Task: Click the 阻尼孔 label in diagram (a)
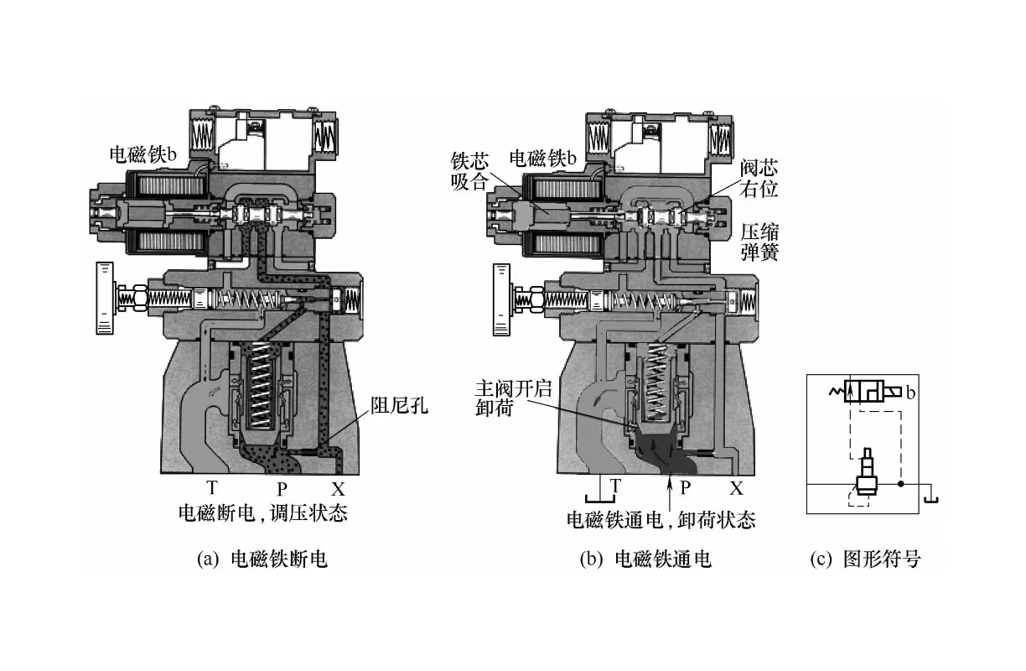(x=399, y=407)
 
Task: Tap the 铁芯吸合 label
(x=469, y=170)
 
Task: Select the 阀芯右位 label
(x=759, y=178)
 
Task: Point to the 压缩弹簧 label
(x=759, y=241)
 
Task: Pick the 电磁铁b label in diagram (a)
(x=144, y=153)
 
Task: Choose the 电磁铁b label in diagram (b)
(x=543, y=158)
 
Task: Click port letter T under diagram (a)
(x=212, y=487)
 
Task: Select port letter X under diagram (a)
(x=338, y=488)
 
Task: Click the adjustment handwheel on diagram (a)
(x=104, y=298)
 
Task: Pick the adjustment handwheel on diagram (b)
(x=502, y=298)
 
